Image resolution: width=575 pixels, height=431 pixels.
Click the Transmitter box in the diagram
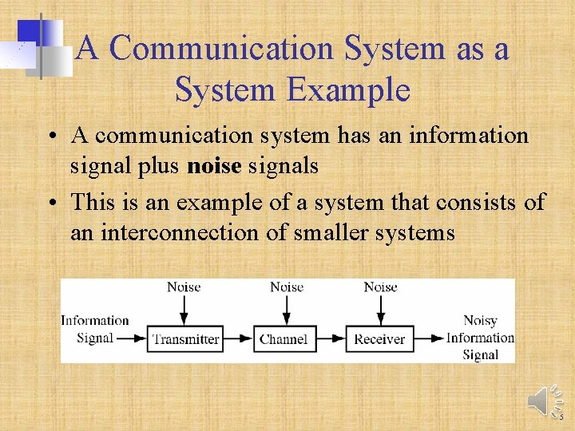[185, 338]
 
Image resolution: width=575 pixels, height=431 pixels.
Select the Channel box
[284, 338]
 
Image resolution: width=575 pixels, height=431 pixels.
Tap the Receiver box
[380, 338]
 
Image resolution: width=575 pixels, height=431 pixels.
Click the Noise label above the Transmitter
[184, 287]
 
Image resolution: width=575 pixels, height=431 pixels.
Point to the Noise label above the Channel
[287, 287]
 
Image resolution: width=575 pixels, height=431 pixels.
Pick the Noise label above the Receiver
[380, 287]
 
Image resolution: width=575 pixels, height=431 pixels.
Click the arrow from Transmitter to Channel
[237, 338]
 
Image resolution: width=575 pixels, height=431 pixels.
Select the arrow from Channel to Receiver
[331, 338]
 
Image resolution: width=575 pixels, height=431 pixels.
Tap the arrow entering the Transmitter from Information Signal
[132, 338]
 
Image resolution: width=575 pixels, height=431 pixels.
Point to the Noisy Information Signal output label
[480, 338]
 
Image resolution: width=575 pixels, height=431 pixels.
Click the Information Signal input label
[94, 329]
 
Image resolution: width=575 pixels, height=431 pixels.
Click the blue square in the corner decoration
[30, 32]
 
